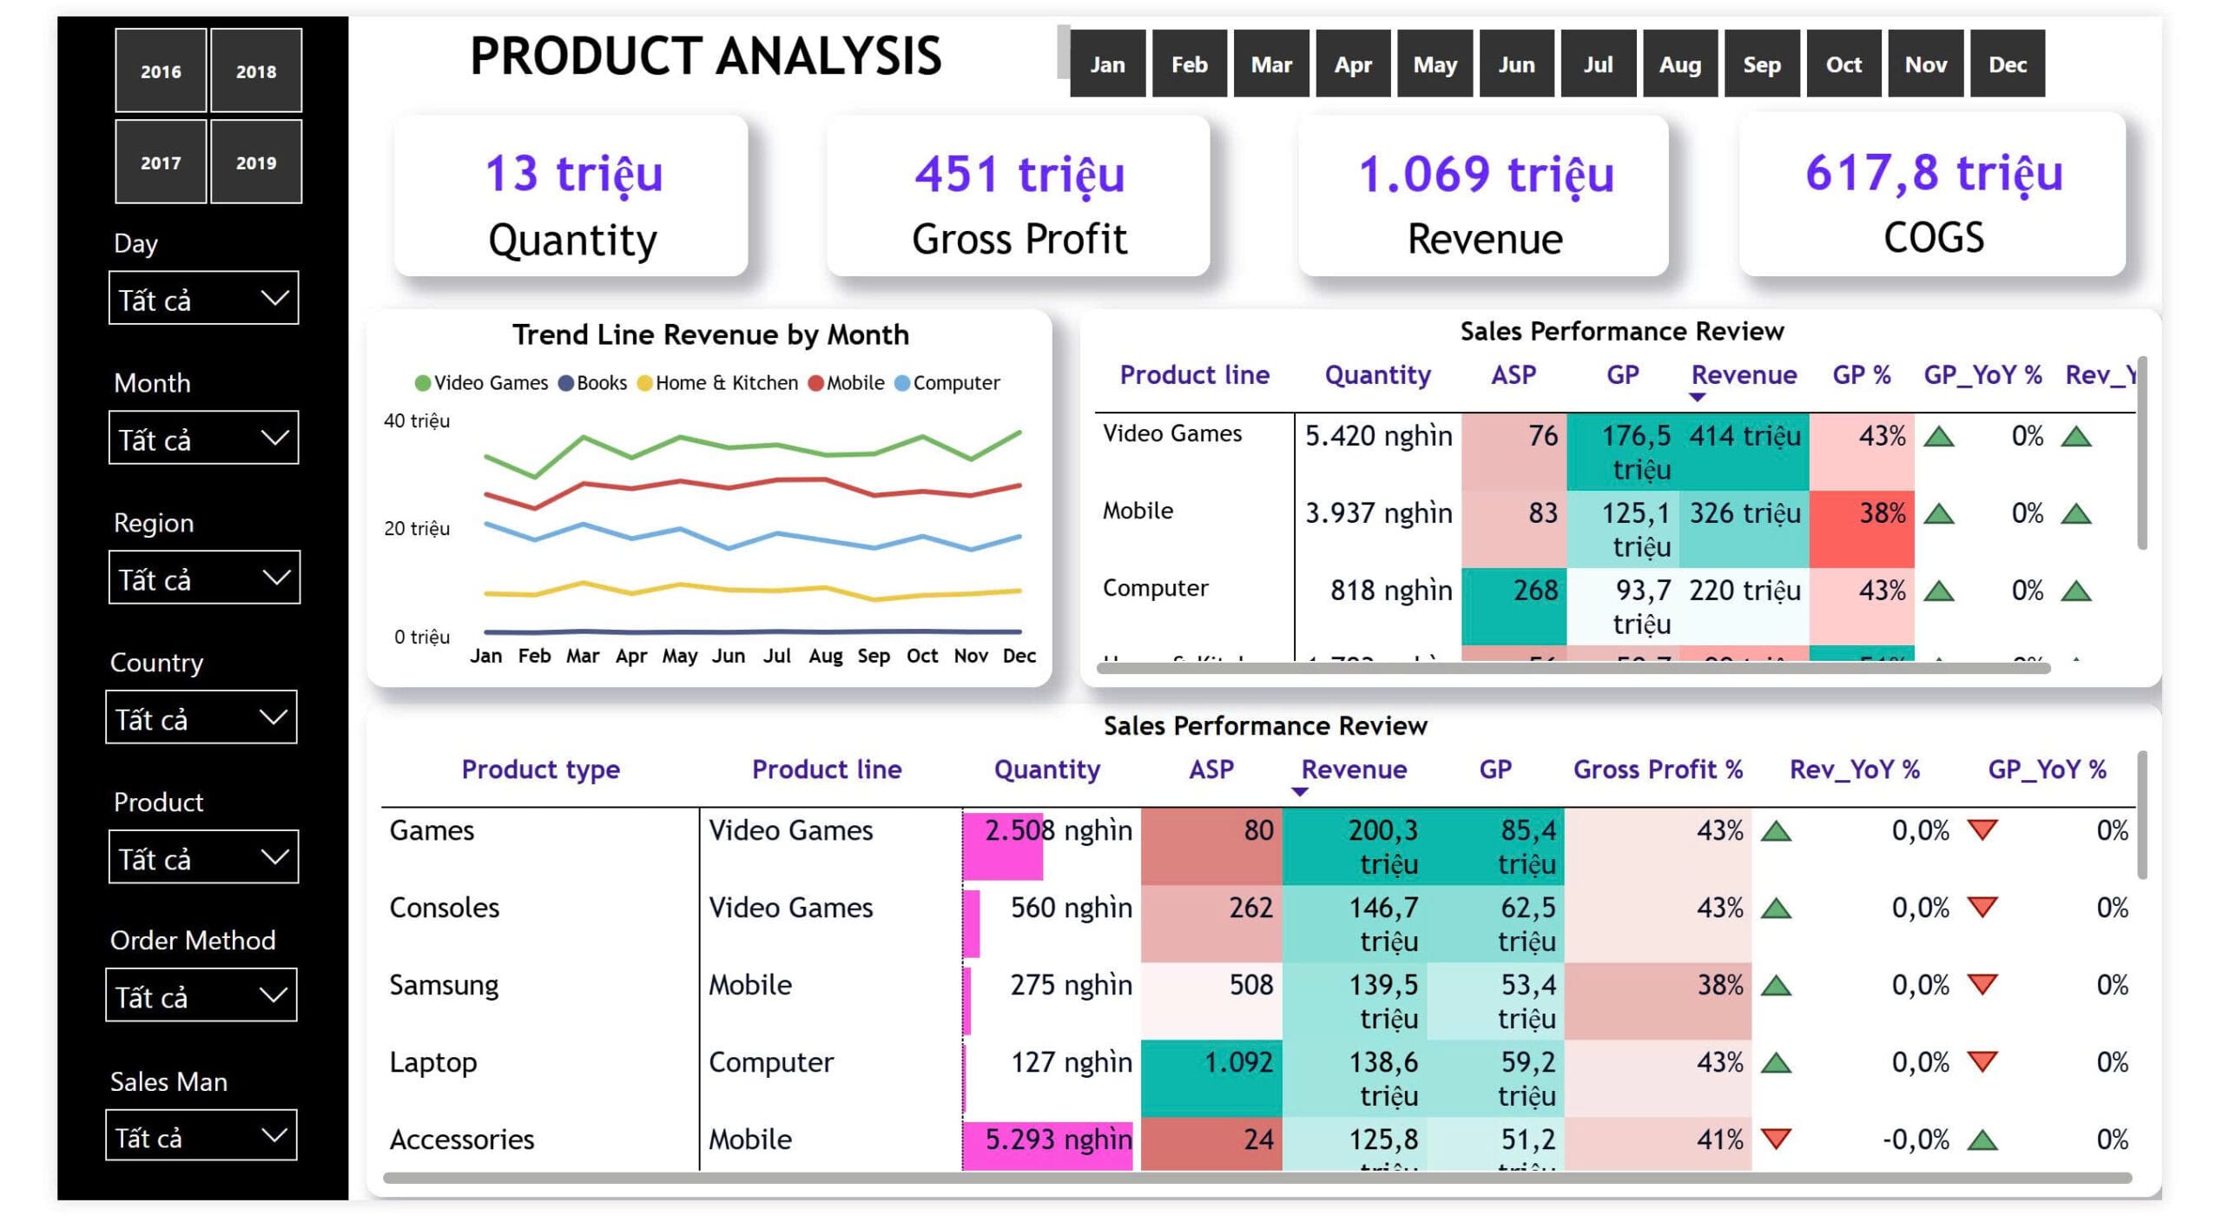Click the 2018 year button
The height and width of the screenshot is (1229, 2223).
(255, 71)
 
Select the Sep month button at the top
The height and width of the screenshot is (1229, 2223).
(1761, 64)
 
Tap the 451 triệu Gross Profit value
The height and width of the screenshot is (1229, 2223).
(1019, 174)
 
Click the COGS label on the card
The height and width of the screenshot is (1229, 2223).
(1933, 238)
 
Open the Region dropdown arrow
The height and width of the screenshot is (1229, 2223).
(275, 578)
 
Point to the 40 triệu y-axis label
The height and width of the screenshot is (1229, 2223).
(417, 421)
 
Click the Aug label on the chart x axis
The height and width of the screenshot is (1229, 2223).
(825, 656)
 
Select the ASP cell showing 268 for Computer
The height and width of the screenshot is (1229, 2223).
(1534, 591)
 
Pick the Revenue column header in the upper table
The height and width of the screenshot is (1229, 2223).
(1744, 375)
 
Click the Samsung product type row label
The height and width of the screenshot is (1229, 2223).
(444, 985)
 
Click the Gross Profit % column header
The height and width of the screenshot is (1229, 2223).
(1658, 770)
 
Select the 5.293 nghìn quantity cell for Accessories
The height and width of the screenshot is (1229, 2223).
(1057, 1140)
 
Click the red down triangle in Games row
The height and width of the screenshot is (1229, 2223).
(1982, 829)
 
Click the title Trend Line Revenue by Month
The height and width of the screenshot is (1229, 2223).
(709, 334)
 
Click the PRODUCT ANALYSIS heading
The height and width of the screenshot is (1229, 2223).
(705, 56)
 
